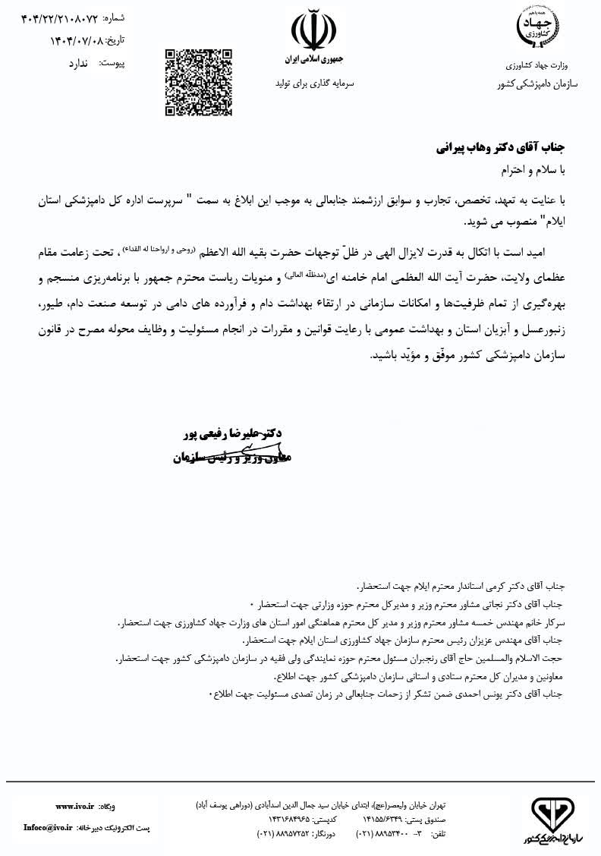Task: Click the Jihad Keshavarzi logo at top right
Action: (536, 28)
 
